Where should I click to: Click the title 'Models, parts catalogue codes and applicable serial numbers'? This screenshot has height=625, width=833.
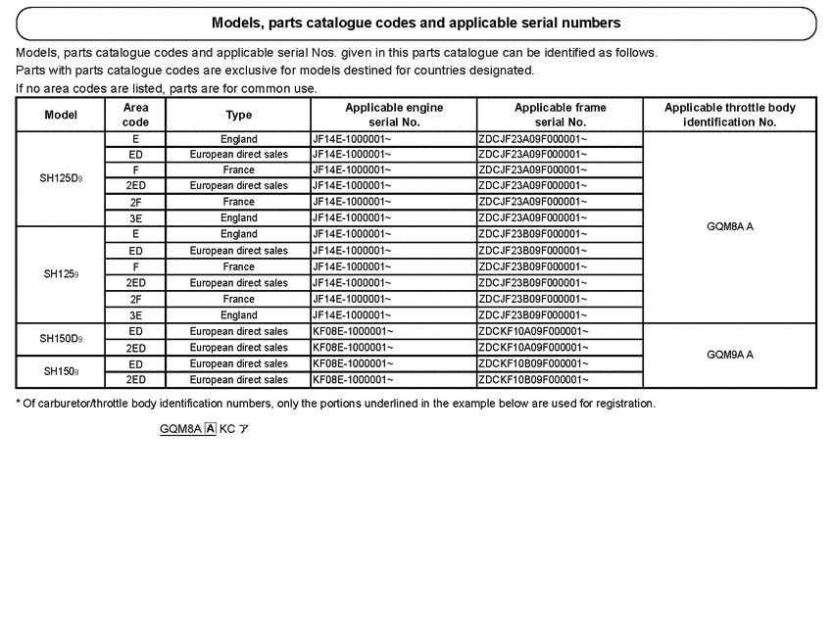point(416,23)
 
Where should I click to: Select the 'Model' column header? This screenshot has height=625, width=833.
point(61,115)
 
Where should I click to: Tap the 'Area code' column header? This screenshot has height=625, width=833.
point(135,115)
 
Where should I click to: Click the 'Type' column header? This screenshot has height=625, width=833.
point(238,115)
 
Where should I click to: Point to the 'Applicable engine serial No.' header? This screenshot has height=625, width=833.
point(393,115)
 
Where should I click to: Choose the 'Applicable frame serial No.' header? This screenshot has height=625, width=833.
point(560,115)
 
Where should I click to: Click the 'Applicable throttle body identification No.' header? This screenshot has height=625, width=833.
point(729,115)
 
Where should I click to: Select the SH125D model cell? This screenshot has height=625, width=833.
point(61,178)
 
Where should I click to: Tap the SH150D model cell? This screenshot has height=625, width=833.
point(61,339)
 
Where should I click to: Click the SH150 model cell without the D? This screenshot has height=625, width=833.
point(61,371)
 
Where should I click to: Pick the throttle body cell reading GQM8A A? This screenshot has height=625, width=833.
point(729,226)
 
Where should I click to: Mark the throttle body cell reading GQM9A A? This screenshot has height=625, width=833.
point(729,355)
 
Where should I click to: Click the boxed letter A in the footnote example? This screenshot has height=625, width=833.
point(210,428)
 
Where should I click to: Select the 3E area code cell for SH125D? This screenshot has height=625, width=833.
point(135,217)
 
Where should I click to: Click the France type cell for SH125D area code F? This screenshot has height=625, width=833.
point(238,169)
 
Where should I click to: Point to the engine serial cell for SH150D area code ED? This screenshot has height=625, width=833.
point(393,331)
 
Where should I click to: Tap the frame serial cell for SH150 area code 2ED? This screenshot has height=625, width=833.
point(560,379)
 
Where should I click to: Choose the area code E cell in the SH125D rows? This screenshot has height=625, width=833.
point(135,139)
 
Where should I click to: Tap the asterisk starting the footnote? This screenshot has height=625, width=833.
point(19,403)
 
